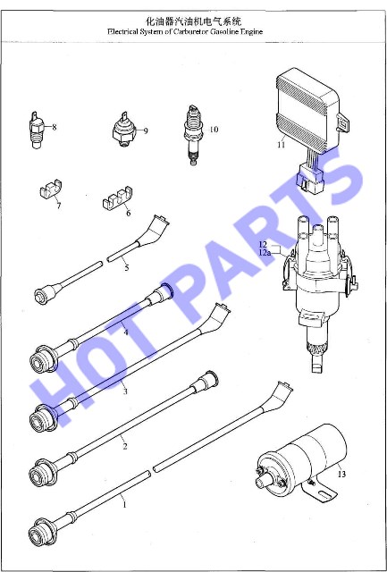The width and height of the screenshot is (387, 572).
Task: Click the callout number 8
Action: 55,127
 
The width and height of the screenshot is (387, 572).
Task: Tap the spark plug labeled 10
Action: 193,135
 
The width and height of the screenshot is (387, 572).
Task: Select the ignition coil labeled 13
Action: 301,461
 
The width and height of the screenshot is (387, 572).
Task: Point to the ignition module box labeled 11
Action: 309,109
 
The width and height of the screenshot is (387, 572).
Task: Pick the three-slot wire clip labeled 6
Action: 117,198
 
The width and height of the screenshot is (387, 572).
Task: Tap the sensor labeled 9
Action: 124,130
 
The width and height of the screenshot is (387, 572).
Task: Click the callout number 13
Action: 341,475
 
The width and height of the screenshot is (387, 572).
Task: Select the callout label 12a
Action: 265,252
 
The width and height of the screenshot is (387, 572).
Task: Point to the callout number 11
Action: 281,145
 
